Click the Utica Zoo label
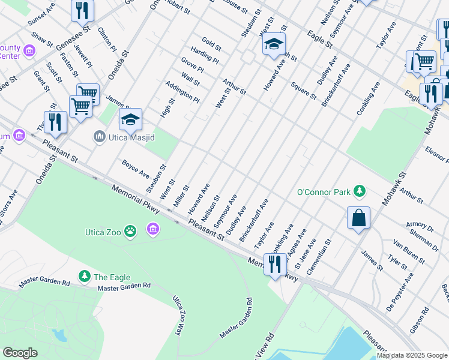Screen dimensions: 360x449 (103, 231)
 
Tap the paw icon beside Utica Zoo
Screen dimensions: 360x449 (131, 231)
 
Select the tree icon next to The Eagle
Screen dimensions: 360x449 (85, 277)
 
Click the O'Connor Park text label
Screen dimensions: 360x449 (324, 192)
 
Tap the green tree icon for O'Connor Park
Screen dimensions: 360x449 (359, 191)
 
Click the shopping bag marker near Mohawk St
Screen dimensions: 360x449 (358, 219)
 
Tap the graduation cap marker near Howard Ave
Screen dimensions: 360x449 (274, 44)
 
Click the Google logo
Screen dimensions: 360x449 (20, 353)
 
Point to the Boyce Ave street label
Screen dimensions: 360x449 (135, 168)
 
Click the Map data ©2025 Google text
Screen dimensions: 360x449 (412, 355)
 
